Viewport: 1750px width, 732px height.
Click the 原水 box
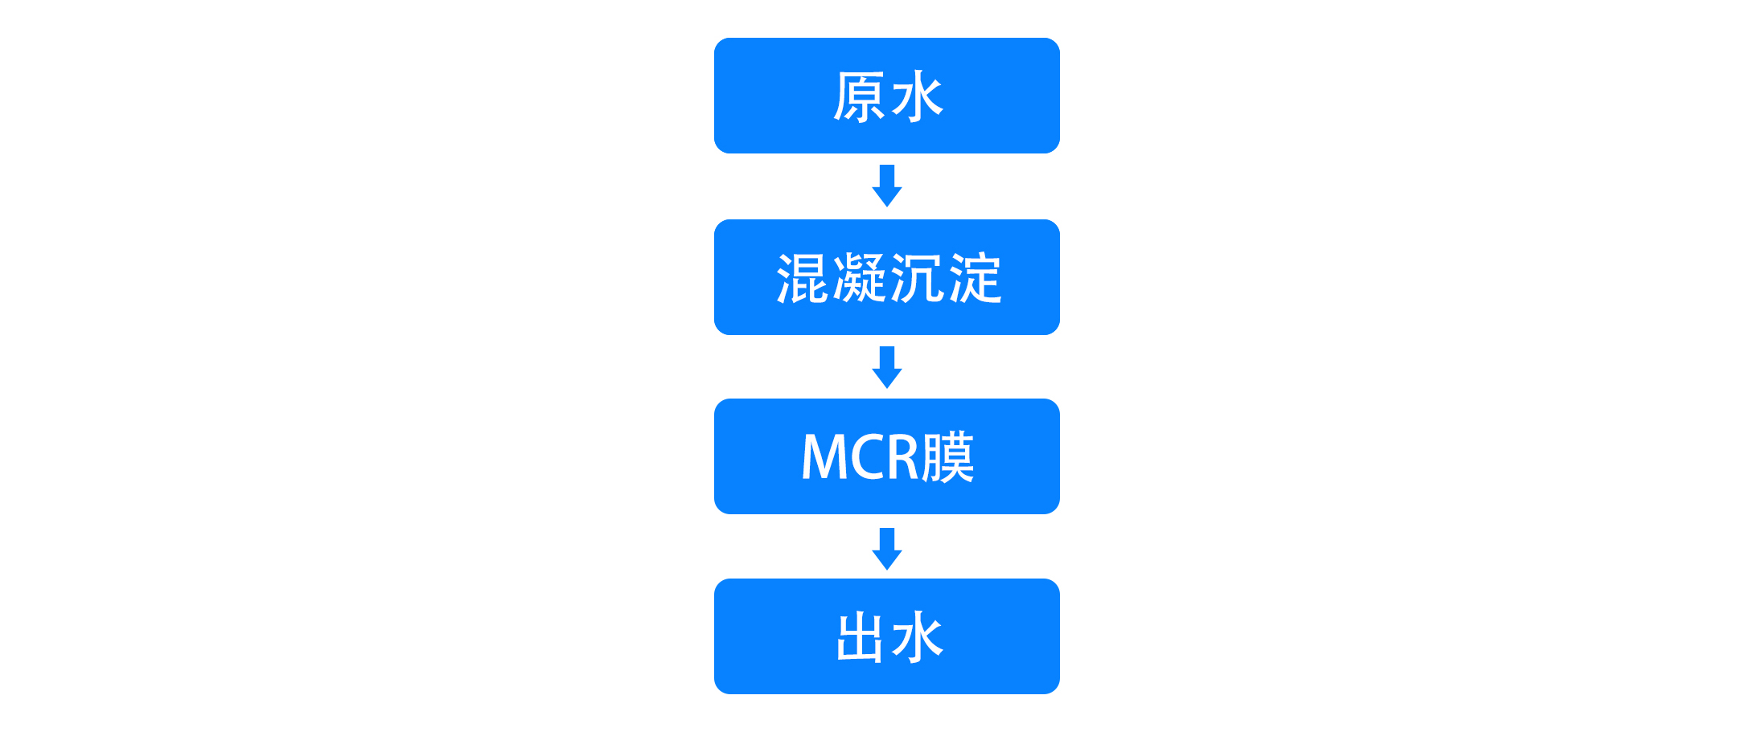886,96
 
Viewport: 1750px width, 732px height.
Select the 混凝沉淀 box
886,277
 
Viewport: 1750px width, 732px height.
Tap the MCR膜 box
886,456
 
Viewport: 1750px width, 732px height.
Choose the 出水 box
886,636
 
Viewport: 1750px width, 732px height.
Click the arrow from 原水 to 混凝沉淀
887,186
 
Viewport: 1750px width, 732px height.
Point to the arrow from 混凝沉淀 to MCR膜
887,367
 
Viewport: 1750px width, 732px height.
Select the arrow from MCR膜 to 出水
887,549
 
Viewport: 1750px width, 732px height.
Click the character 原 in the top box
859,97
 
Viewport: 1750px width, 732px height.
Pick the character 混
802,279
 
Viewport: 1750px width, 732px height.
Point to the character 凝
860,279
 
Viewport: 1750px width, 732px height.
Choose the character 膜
948,457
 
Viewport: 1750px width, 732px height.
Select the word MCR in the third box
861,457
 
